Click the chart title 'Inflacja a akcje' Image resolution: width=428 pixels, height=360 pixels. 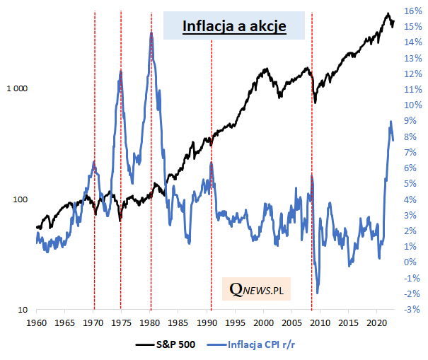(234, 26)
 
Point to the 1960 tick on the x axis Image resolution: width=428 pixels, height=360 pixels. (37, 323)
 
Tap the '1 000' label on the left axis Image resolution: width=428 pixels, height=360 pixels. (16, 89)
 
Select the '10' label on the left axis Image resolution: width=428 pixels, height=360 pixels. (22, 310)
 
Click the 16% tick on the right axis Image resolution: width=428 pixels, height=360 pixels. (413, 11)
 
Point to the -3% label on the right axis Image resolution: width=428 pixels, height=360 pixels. (413, 310)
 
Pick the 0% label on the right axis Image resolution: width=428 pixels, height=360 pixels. (413, 262)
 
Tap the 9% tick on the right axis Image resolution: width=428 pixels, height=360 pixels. (413, 121)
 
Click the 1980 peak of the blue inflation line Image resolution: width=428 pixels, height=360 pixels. (151, 33)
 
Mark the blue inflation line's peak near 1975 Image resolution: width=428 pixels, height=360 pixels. (120, 71)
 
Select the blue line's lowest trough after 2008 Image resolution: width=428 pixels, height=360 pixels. (318, 292)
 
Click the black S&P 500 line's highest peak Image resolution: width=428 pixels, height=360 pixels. (388, 14)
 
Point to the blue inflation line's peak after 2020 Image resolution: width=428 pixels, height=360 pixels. (391, 122)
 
